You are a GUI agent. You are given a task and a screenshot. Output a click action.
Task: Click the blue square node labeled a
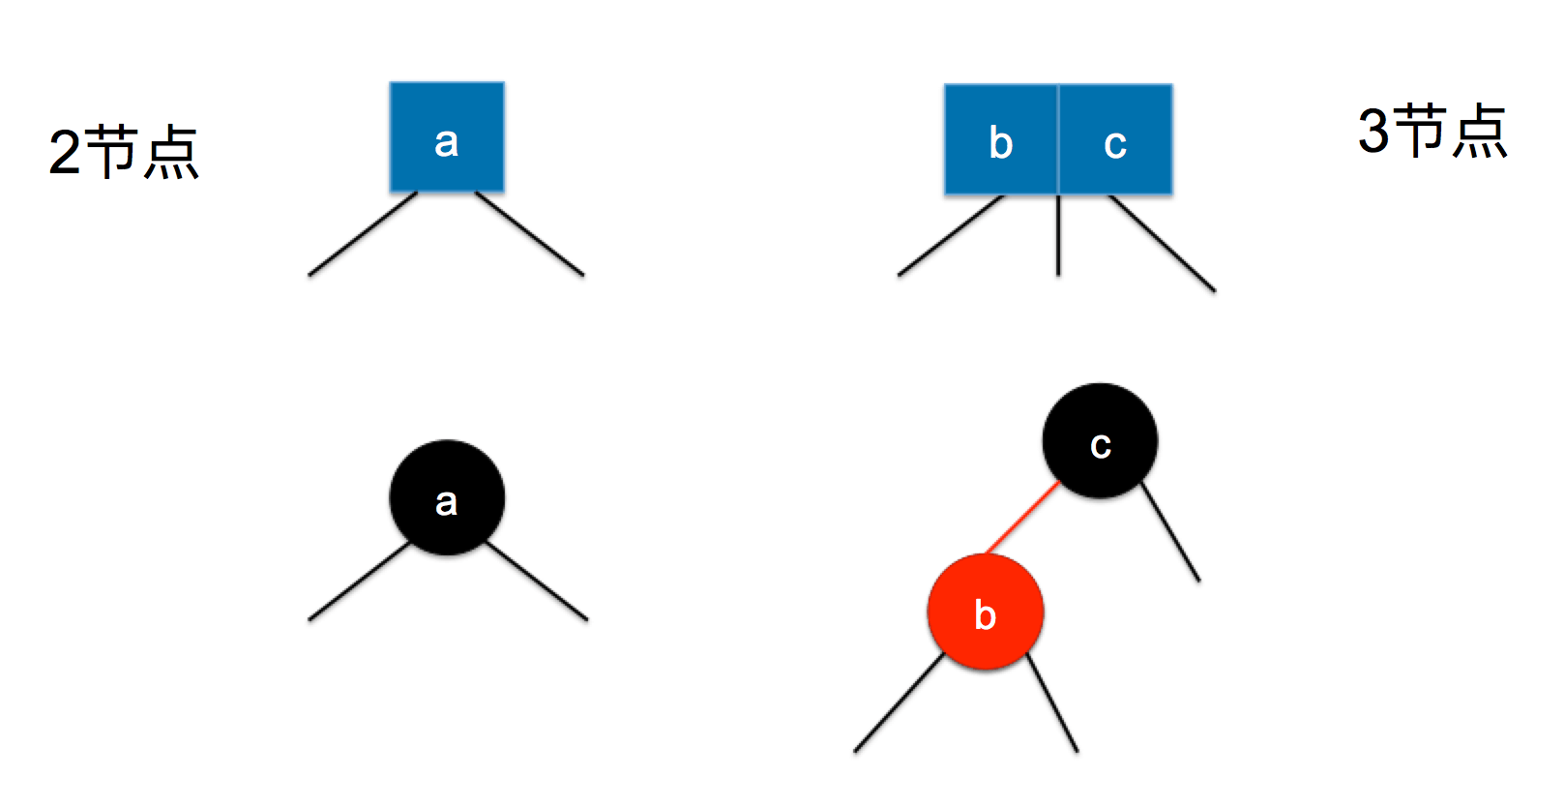point(447,137)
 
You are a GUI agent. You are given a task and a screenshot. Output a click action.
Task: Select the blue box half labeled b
point(1001,140)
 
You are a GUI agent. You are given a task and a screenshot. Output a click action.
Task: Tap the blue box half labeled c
point(1116,140)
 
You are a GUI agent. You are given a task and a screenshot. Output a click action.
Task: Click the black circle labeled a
point(447,497)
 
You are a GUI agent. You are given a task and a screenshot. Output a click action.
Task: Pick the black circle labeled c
point(1100,441)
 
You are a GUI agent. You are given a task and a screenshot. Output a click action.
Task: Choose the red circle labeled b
point(985,612)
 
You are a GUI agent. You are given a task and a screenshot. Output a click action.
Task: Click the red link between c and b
point(1021,519)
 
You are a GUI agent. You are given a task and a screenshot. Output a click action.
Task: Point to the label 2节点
point(123,152)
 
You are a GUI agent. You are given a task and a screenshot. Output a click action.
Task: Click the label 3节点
point(1432,131)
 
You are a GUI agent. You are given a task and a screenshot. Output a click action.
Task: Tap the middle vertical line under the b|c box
point(1058,236)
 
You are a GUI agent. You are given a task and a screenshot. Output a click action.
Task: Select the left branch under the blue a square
point(363,234)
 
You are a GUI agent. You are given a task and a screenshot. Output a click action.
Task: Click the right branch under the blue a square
point(530,234)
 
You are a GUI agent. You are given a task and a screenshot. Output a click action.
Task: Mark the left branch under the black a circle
point(360,582)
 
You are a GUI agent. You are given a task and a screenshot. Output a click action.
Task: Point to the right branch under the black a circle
point(537,582)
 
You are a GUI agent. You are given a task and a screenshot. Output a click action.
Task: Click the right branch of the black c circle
point(1170,531)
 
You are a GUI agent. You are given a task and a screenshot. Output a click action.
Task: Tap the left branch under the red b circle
point(899,703)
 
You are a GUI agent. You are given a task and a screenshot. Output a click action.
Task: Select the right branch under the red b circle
point(1052,703)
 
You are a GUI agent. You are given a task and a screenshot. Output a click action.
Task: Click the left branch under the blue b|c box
point(951,236)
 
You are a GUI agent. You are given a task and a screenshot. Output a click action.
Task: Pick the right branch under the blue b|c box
point(1162,243)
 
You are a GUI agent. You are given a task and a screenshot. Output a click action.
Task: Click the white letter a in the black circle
point(446,502)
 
